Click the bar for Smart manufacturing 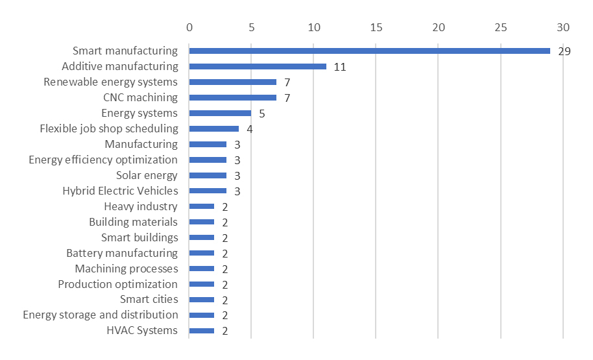[369, 51]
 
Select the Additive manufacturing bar [258, 66]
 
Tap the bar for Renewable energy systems [232, 82]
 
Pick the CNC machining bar [232, 97]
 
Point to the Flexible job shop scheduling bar [214, 128]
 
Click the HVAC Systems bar [202, 331]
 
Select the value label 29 [564, 51]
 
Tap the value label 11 [340, 67]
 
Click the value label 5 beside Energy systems [262, 114]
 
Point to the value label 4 [250, 129]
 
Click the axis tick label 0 [189, 28]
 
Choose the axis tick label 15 [376, 28]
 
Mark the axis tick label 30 [563, 28]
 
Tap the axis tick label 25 [500, 28]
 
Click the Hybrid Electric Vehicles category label [120, 191]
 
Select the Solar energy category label [147, 175]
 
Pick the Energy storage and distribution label [101, 315]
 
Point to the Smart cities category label [149, 299]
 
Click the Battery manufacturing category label [122, 253]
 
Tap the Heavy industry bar [202, 206]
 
